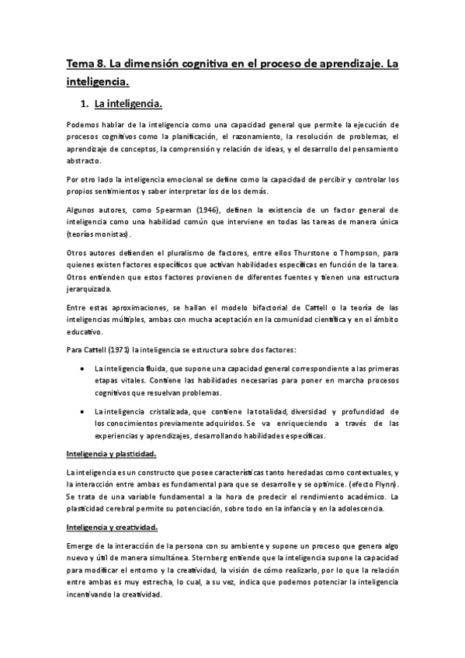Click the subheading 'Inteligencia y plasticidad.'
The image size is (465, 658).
click(112, 453)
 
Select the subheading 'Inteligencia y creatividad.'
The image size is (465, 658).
click(113, 528)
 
